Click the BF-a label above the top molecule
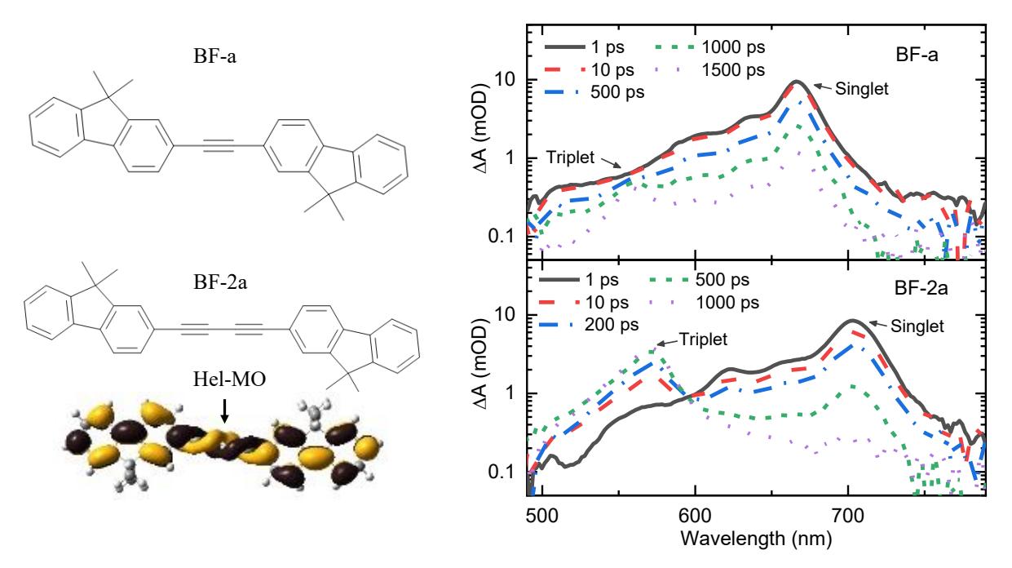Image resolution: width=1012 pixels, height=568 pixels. coord(214,56)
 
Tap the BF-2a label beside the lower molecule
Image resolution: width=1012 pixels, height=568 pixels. coord(220,282)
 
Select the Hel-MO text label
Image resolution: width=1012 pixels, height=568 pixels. coord(229,379)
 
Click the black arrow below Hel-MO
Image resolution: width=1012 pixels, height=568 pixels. coord(224,411)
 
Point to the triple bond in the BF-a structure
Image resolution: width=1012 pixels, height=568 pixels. coord(219,145)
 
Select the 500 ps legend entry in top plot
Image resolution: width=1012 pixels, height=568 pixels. coord(594,92)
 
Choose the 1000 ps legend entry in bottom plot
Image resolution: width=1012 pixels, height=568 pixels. coord(704,303)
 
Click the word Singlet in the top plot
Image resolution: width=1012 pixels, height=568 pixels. coord(862,89)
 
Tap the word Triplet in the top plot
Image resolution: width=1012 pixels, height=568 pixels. coord(570,158)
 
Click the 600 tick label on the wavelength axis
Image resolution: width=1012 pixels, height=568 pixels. coord(696,515)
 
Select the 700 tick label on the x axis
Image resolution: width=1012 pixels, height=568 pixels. coord(848,515)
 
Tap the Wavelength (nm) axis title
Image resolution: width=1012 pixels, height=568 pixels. coord(756,539)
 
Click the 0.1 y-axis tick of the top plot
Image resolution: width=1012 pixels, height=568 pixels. coord(502,236)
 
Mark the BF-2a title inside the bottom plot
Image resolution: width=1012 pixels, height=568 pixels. coord(921,288)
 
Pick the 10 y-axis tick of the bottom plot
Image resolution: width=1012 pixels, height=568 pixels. coord(505,314)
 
